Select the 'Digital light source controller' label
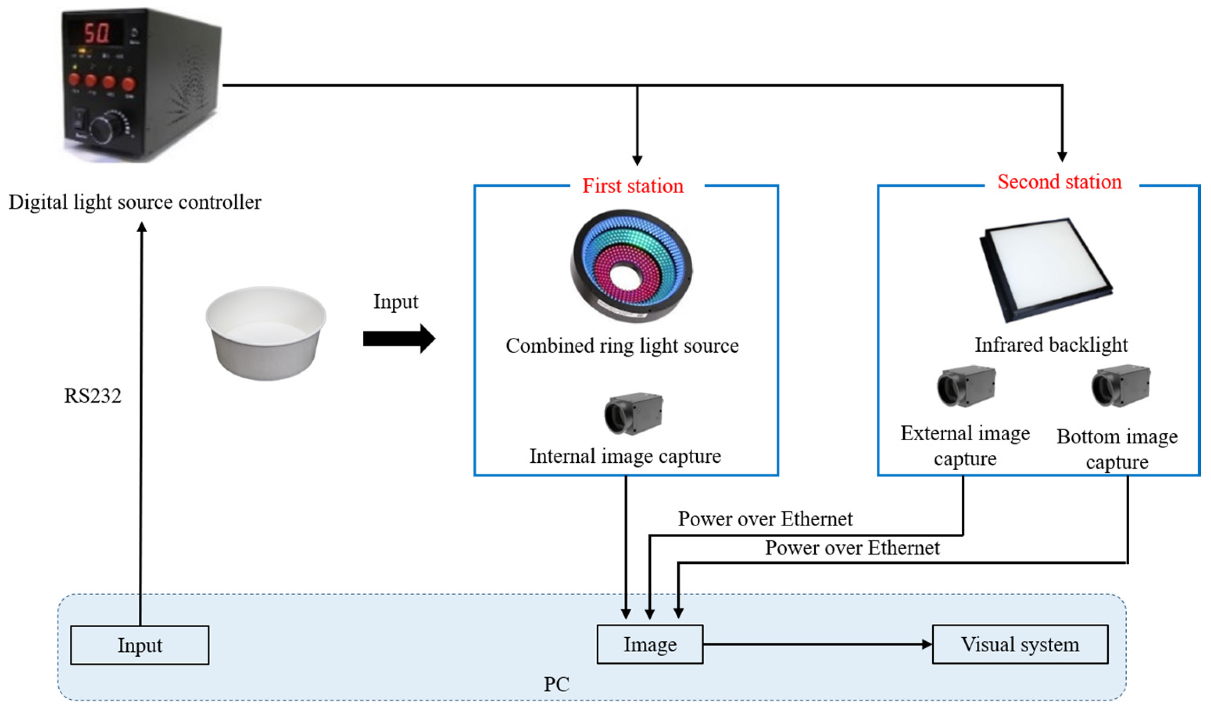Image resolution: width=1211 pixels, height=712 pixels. pos(135,202)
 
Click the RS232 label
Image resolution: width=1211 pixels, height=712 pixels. pos(93,395)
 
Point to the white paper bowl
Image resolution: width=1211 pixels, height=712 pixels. pos(266,334)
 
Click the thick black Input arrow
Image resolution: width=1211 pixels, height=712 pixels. pos(399,339)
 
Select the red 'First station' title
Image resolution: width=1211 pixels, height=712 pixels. pos(633,186)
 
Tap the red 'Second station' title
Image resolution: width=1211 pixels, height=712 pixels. pos(1060,182)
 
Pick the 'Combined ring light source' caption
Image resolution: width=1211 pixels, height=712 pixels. pos(622,346)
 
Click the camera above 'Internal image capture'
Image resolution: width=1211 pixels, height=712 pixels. pos(633,414)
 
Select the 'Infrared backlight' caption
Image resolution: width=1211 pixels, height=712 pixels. pos(1051,345)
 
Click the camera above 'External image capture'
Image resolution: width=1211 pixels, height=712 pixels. pos(966,386)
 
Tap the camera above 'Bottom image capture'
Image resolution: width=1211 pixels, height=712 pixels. pos(1120,386)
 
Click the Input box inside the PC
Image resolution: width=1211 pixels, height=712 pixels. pos(140,645)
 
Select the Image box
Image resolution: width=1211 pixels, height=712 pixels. pos(650,645)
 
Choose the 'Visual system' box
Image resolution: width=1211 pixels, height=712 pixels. pos(1020,645)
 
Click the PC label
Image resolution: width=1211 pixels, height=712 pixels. pos(556,684)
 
